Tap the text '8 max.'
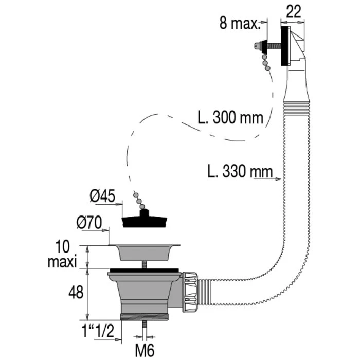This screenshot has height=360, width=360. point(240,24)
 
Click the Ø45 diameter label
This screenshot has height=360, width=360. point(102,196)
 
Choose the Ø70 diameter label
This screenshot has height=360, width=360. point(91,223)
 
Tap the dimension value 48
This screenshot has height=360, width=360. point(76,293)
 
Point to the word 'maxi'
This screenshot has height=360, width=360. point(63,262)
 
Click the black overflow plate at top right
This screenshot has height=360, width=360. point(283,47)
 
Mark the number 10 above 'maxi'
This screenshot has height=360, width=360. point(63,246)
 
